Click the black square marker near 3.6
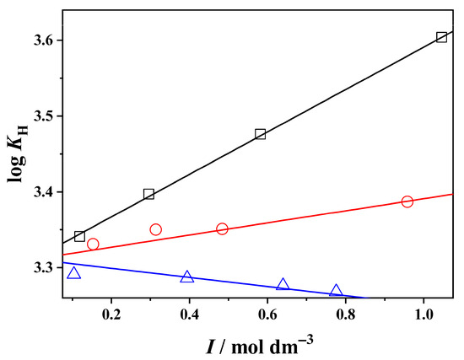pos(441,38)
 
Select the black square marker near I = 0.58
pos(260,134)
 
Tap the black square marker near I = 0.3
pos(148,194)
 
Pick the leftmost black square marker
pos(79,236)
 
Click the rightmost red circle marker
pos(407,201)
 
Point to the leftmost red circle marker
pos(93,244)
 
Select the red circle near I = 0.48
pos(222,228)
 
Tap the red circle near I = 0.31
pos(156,229)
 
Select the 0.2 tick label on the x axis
pos(111,314)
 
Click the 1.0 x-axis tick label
pos(424,314)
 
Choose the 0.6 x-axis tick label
pos(267,314)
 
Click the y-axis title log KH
pos(17,153)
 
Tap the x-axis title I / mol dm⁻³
pos(259,346)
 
